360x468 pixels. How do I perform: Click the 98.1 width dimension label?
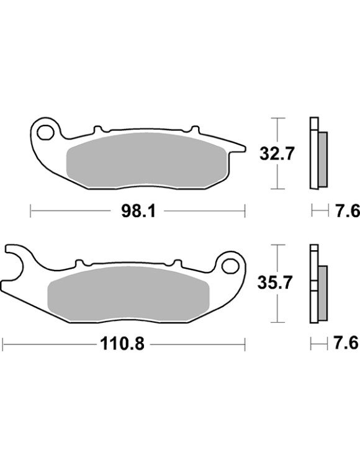tap(138, 212)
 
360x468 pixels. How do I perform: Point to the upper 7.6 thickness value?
tap(347, 212)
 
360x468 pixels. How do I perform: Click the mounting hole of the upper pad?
tap(46, 132)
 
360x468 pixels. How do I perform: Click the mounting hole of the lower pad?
tap(230, 265)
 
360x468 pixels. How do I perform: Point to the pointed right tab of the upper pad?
tap(239, 148)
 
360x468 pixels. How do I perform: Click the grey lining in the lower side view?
tap(322, 292)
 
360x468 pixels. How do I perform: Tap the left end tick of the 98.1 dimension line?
tap(30, 212)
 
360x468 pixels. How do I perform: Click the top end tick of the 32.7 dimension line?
tap(277, 117)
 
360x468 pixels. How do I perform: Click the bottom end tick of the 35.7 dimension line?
tap(277, 323)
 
